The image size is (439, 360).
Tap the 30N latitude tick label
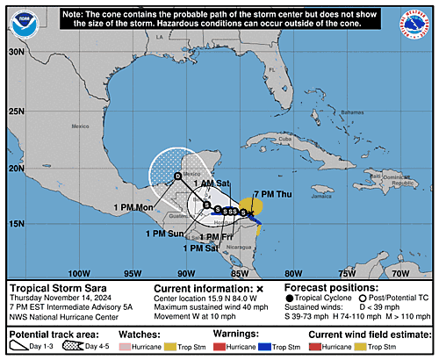click(16, 52)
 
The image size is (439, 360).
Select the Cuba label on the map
click(284, 140)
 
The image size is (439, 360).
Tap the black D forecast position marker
click(177, 176)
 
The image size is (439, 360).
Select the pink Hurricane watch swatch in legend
click(143, 347)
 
